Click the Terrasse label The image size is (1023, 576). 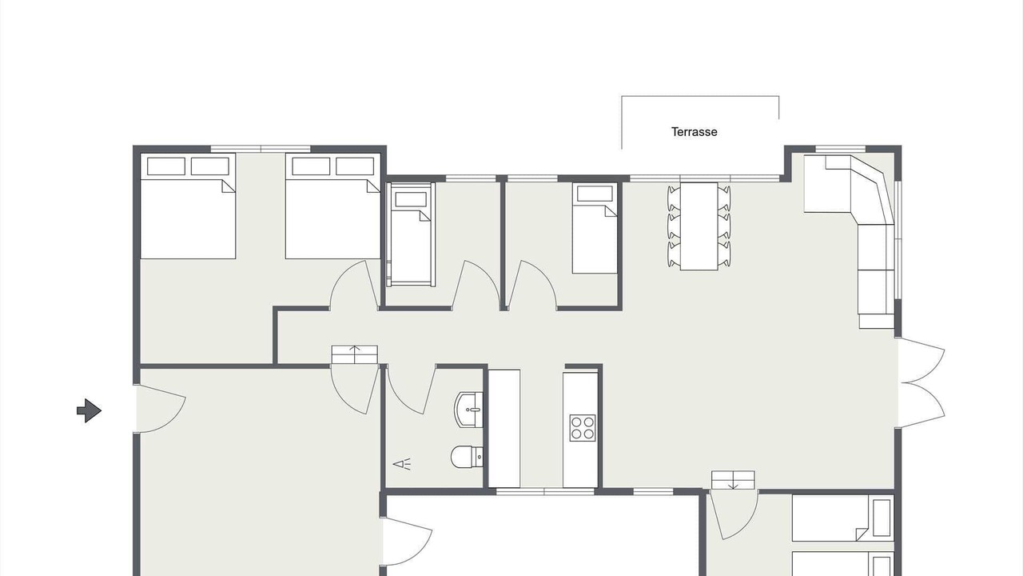[x=695, y=132]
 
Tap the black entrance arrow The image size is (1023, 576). [x=89, y=410]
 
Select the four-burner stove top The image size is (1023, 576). [x=583, y=428]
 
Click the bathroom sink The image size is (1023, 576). [x=469, y=410]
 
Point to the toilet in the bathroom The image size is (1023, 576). [x=467, y=457]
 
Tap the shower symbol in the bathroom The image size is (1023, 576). [x=402, y=465]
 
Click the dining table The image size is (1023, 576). [x=699, y=226]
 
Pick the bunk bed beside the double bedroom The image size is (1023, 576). [x=410, y=234]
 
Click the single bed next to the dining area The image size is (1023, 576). [x=595, y=229]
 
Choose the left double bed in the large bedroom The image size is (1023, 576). [x=188, y=206]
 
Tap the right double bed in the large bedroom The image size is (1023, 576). [x=333, y=206]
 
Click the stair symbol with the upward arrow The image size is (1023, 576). [x=354, y=354]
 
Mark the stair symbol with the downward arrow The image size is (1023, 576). [x=733, y=480]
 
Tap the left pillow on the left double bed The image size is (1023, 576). [x=165, y=166]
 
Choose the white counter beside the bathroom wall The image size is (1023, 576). [x=504, y=428]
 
